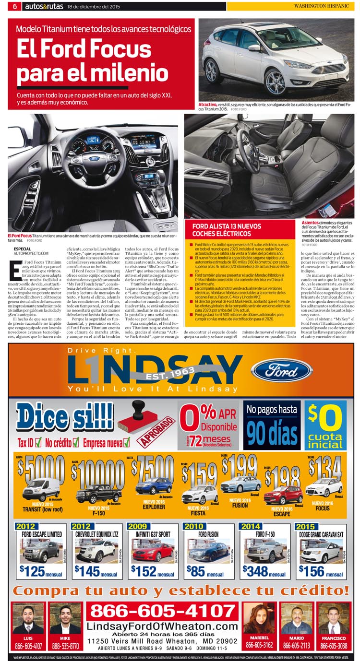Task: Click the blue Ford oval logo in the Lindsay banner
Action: coord(282,370)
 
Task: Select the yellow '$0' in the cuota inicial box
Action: coord(325,418)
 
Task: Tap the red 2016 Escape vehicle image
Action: coord(283,495)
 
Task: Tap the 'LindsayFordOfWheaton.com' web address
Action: coord(162,626)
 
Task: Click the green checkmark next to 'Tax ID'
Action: coord(38,442)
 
